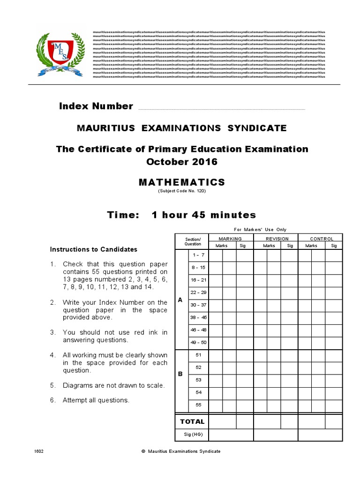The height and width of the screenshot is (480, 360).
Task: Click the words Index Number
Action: pos(96,106)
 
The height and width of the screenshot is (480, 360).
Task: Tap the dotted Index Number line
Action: pos(220,109)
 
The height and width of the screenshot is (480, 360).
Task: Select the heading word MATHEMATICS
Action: pos(182,182)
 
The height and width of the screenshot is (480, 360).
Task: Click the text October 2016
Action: pos(182,162)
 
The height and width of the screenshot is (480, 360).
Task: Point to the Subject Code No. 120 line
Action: pos(182,191)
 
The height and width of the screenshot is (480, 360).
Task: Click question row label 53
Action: pos(198,380)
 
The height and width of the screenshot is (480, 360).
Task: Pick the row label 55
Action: pos(198,405)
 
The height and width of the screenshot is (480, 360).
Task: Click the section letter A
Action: pos(180,300)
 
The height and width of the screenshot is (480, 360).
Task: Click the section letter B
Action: pos(180,375)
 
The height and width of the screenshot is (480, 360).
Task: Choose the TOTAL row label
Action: pos(192,421)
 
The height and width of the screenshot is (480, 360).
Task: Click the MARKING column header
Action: pos(230,239)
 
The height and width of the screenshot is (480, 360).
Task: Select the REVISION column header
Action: pos(277,239)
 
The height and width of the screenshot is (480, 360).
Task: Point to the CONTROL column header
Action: pos(322,239)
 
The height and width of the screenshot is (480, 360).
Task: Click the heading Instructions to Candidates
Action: pos(94,249)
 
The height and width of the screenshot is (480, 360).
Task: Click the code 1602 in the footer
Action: pos(39,451)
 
